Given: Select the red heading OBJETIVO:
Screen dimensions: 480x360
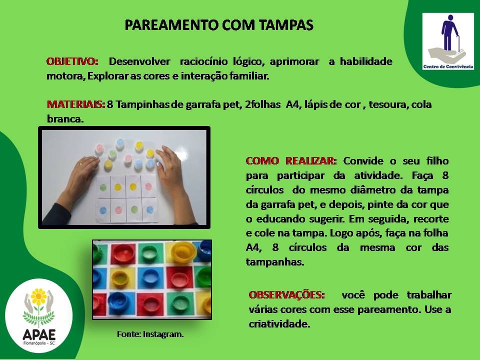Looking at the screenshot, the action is (x=72, y=61).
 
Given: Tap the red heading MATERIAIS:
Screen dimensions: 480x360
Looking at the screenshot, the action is (x=76, y=104).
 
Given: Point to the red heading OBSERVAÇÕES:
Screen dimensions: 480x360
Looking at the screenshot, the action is (x=286, y=295).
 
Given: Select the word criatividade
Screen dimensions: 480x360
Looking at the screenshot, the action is (x=279, y=324).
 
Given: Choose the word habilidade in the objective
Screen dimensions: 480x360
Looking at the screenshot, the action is (x=366, y=61).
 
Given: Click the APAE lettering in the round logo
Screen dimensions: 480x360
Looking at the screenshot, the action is (x=39, y=334).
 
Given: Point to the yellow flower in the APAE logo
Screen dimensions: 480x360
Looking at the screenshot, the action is (x=39, y=296).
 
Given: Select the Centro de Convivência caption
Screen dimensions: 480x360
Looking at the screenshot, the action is (x=448, y=66).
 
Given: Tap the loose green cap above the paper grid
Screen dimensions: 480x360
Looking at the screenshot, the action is (x=112, y=153).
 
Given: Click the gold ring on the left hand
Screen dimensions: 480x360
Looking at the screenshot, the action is (x=80, y=164).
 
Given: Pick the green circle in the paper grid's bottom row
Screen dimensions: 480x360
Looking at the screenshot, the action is (x=134, y=209).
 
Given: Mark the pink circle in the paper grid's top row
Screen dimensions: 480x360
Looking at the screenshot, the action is (x=148, y=186).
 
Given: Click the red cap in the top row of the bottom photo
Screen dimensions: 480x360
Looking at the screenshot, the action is (x=122, y=253).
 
